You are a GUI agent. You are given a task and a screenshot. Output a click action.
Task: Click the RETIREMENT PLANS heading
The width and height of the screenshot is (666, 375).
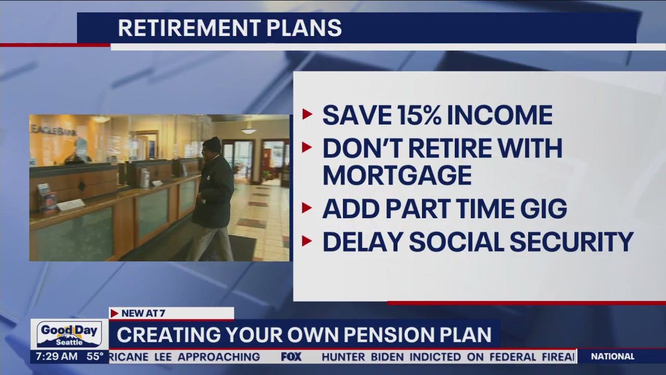(x=229, y=28)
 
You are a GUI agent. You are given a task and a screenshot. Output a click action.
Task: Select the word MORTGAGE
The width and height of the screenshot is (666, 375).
(x=397, y=175)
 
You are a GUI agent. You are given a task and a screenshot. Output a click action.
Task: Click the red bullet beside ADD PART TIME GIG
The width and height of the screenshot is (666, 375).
(x=308, y=209)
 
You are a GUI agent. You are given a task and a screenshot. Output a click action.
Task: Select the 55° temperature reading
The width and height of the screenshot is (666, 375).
(x=94, y=357)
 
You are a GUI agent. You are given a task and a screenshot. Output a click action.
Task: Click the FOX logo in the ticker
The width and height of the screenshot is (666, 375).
(x=291, y=357)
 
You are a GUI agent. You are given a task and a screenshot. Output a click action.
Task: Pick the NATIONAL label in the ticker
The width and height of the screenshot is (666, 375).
(x=613, y=357)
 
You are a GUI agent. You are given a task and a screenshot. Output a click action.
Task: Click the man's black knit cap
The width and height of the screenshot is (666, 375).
(x=212, y=144)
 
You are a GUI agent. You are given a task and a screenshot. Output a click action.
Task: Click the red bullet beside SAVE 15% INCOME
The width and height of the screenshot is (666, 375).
(x=308, y=115)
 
